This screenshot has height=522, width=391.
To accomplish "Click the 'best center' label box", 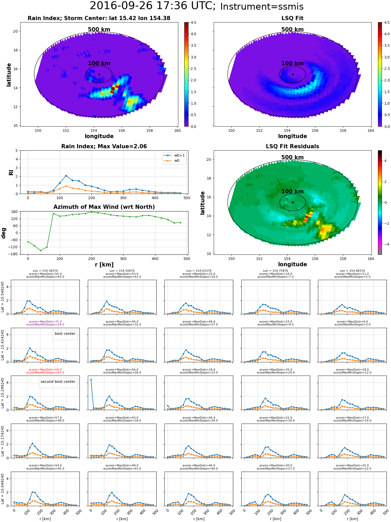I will pyautogui.click(x=65, y=334).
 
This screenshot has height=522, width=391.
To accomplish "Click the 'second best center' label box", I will pyautogui.click(x=58, y=382).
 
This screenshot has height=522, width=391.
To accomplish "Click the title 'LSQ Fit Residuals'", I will pyautogui.click(x=292, y=146).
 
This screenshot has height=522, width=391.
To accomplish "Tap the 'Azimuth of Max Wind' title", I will pyautogui.click(x=104, y=207).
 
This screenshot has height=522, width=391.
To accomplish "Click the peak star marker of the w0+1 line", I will pyautogui.click(x=66, y=176).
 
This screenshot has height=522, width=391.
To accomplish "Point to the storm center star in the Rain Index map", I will pyautogui.click(x=99, y=74).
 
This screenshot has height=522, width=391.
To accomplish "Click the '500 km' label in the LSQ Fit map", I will pyautogui.click(x=292, y=29).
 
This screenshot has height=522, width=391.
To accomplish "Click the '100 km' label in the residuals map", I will pyautogui.click(x=292, y=192).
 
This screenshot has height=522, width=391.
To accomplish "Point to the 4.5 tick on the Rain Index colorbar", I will pyautogui.click(x=193, y=23).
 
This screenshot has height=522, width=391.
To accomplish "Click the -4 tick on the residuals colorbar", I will pyautogui.click(x=385, y=244).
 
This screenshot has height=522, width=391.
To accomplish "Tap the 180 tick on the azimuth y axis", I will pyautogui.click(x=15, y=212).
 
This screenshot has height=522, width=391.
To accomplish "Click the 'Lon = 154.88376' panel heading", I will pyautogui.click(x=352, y=271).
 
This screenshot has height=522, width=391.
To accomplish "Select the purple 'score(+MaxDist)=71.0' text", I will pyautogui.click(x=45, y=322).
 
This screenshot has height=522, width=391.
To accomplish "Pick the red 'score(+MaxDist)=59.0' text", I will pyautogui.click(x=45, y=370).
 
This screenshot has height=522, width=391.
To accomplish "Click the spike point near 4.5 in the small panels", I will pyautogui.click(x=91, y=379).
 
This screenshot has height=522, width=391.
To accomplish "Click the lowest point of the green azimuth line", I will pyautogui.click(x=41, y=251).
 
